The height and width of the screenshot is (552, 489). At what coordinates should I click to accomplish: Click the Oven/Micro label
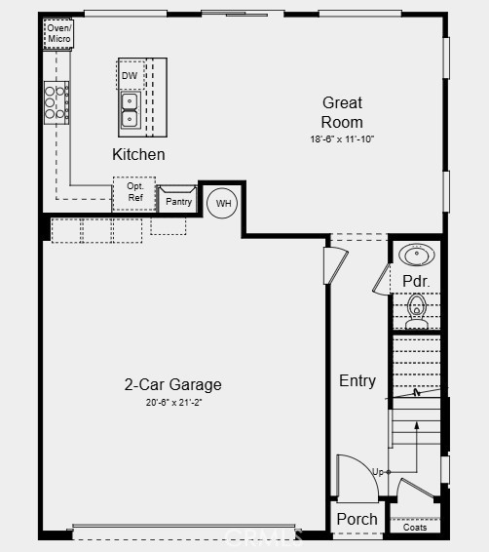click(x=58, y=33)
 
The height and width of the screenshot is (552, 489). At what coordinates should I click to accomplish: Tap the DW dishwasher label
click(x=130, y=76)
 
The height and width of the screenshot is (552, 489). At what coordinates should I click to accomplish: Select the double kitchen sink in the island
click(x=130, y=110)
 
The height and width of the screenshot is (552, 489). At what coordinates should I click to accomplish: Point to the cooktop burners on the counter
click(x=56, y=102)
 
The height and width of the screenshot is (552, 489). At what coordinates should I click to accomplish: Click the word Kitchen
click(x=138, y=154)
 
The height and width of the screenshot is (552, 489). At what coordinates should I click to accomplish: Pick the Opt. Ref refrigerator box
click(x=134, y=194)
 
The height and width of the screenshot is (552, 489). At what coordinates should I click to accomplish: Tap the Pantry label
click(x=178, y=202)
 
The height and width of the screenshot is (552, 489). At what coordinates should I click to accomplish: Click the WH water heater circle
click(x=222, y=203)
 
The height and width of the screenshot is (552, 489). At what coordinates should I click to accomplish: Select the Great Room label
click(x=342, y=112)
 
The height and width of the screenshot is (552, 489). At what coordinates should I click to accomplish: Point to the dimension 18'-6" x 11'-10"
click(x=342, y=139)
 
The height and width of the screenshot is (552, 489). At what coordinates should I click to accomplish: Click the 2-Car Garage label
click(x=173, y=384)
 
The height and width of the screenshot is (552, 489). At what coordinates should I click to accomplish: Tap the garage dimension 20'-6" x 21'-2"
click(x=173, y=403)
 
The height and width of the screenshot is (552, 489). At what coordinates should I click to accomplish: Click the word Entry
click(x=357, y=381)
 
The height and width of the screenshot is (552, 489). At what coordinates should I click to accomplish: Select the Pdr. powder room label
click(x=416, y=281)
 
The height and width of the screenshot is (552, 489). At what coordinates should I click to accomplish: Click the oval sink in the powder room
click(x=417, y=255)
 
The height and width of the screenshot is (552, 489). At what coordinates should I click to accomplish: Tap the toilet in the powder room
click(x=417, y=311)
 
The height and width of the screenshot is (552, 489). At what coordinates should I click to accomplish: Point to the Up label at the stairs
click(x=378, y=472)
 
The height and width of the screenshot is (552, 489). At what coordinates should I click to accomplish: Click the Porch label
click(x=357, y=519)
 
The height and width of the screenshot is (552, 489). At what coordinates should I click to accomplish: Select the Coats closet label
click(x=415, y=528)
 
